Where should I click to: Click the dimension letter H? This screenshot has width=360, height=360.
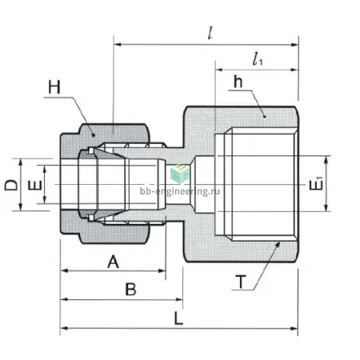pyautogui.click(x=54, y=87)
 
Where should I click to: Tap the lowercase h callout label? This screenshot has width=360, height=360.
pyautogui.click(x=238, y=82)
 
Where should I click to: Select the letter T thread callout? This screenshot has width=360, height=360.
pyautogui.click(x=241, y=282)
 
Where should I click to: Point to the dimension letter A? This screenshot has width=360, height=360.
pyautogui.click(x=113, y=262)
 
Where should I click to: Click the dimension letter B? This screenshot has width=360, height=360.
pyautogui.click(x=130, y=289)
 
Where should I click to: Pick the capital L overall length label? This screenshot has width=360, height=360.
pyautogui.click(x=178, y=318)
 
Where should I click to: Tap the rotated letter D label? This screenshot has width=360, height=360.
pyautogui.click(x=11, y=185)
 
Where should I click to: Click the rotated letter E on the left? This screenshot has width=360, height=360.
pyautogui.click(x=35, y=186)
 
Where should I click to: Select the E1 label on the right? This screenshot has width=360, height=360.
pyautogui.click(x=316, y=184)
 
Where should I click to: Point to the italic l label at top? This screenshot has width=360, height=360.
pyautogui.click(x=210, y=33)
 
